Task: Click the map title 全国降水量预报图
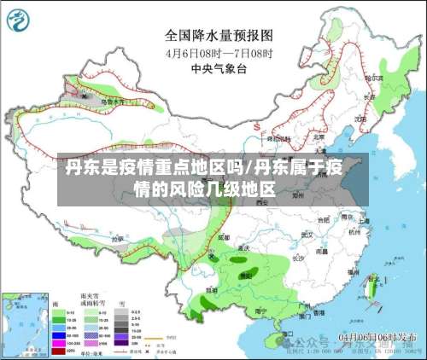(x=218, y=36)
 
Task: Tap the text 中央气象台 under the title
(x=218, y=67)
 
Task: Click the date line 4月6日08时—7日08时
(x=218, y=52)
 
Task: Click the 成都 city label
(x=224, y=237)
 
